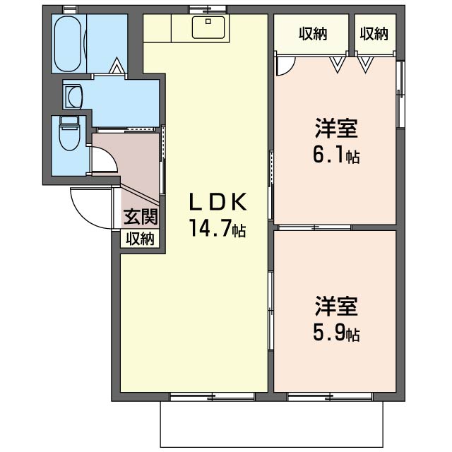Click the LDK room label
point(217,203)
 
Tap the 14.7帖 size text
point(217,230)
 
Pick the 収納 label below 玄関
point(141,239)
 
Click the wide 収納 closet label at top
point(312,33)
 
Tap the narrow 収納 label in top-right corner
point(374,33)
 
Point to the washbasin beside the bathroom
point(73,95)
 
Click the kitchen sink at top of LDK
point(209,28)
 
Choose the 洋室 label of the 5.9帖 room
point(336,307)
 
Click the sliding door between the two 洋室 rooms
point(314,227)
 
